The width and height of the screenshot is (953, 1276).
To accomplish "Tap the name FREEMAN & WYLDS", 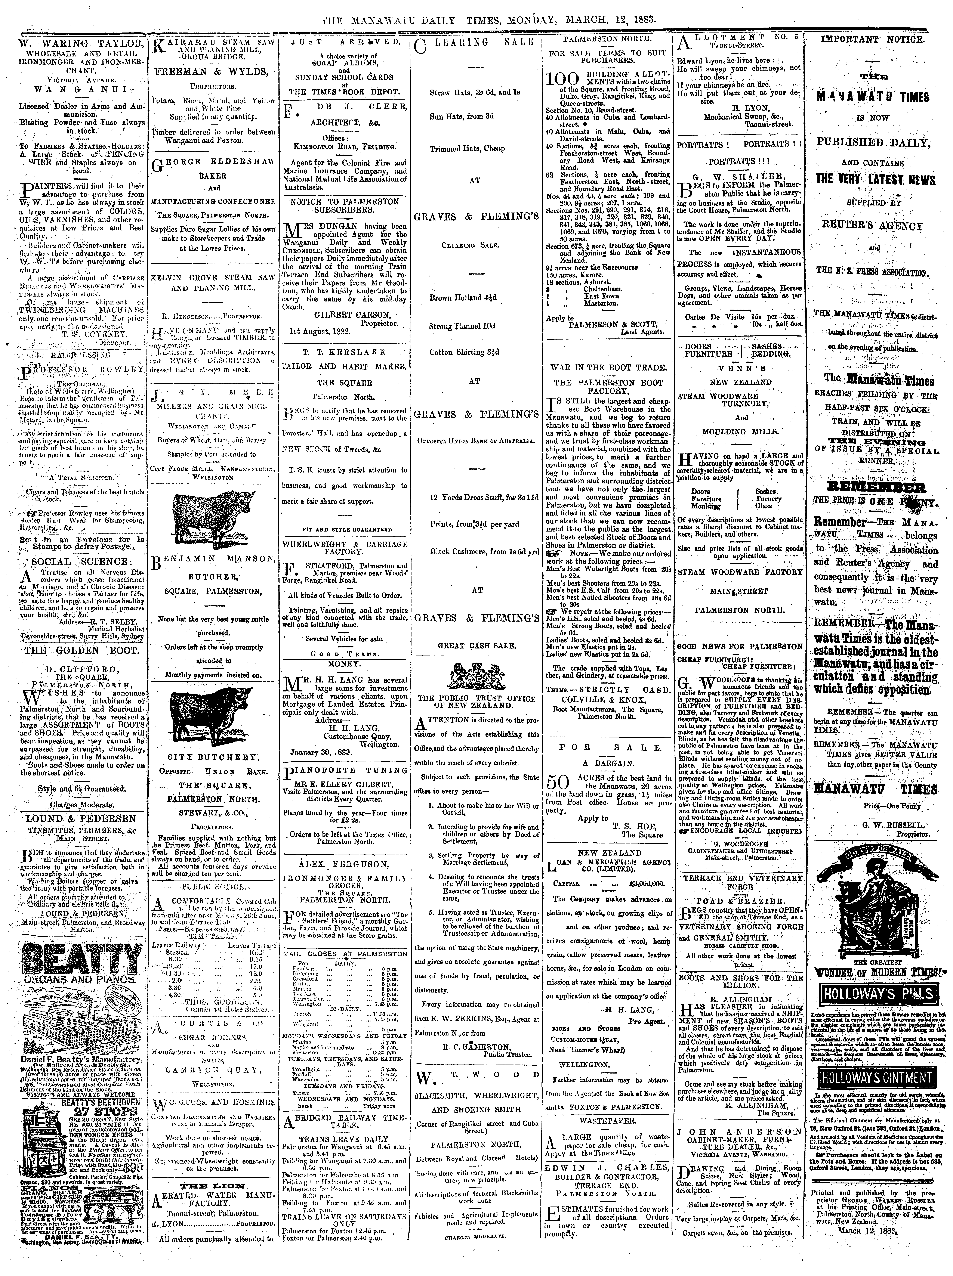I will (212, 72).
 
